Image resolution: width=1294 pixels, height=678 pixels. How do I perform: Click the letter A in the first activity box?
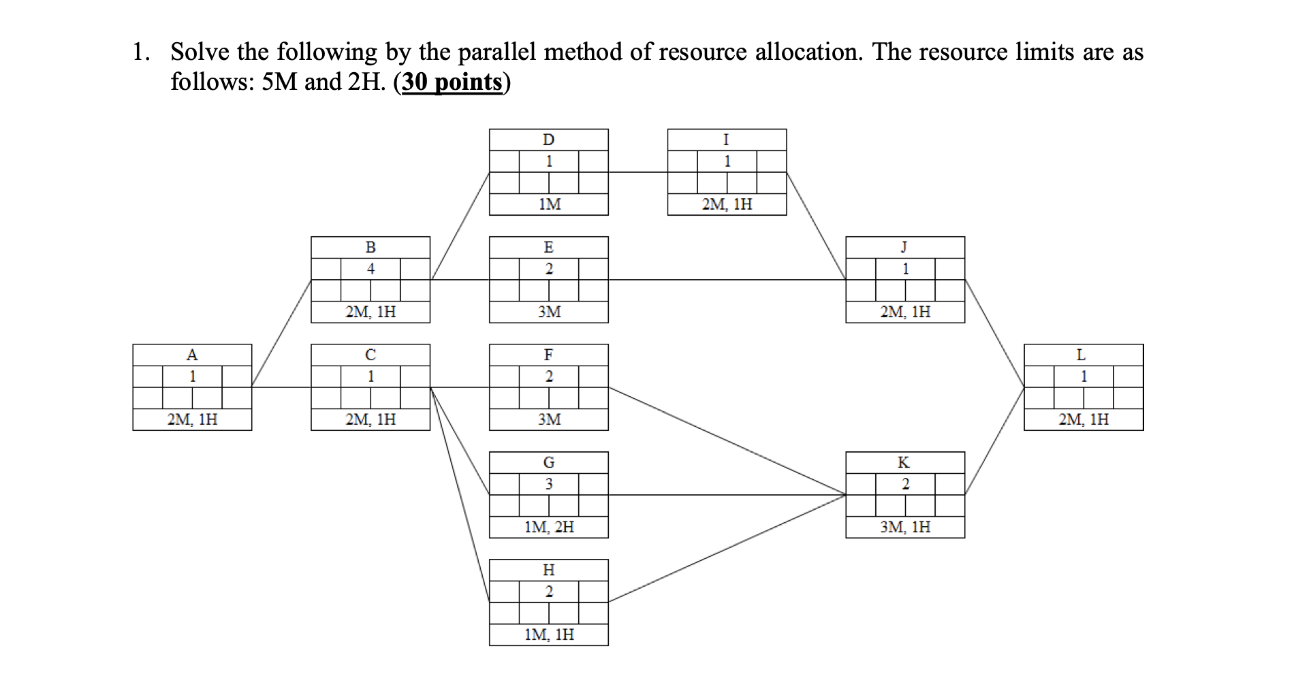(x=192, y=355)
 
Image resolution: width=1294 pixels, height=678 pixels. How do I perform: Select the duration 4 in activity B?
(x=370, y=269)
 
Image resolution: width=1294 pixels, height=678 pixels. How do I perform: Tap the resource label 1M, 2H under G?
(x=549, y=527)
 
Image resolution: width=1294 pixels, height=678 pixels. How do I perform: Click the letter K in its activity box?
(x=904, y=462)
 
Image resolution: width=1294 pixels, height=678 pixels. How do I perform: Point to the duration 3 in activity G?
(x=549, y=484)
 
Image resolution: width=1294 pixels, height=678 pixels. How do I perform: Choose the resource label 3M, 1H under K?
(x=905, y=527)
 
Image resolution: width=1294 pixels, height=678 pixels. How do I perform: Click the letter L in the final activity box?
(x=1081, y=355)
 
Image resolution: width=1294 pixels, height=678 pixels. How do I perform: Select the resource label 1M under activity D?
(x=549, y=204)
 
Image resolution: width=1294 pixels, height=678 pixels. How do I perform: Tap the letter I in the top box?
(x=726, y=140)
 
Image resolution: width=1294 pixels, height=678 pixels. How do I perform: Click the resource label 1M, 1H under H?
(x=549, y=634)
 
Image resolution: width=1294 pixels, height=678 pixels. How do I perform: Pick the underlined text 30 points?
(x=452, y=82)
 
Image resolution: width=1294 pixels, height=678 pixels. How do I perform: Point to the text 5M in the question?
(x=279, y=82)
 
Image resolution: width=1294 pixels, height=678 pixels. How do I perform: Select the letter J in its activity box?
(x=904, y=247)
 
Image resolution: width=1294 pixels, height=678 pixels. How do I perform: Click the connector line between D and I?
(x=637, y=172)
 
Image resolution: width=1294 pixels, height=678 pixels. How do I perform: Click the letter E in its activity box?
(x=548, y=247)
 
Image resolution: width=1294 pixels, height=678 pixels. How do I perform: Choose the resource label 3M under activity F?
(x=549, y=419)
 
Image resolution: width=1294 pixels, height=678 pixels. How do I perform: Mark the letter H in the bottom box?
(x=548, y=570)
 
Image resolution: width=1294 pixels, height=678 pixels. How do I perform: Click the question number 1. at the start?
(x=141, y=52)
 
